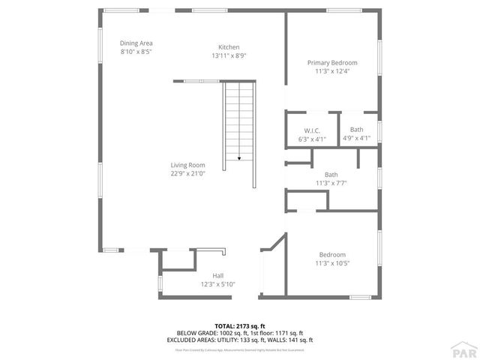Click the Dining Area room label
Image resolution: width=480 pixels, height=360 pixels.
point(136,43)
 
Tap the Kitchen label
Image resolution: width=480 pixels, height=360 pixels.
point(229,47)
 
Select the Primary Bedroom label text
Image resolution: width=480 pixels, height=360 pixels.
point(332,62)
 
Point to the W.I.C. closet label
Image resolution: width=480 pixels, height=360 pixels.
point(312,130)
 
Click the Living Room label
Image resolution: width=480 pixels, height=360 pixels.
point(187,165)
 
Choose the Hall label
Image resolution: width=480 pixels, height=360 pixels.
point(217,275)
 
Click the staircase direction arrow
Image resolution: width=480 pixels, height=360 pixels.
point(239,158)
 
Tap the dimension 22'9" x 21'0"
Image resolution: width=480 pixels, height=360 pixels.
point(187,173)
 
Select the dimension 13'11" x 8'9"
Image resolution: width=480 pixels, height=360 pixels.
point(229,55)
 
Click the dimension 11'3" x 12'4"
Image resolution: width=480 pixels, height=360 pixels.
point(332,71)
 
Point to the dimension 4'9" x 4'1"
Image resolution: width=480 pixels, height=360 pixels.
point(356,138)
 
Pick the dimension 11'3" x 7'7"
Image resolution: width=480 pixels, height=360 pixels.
point(331,183)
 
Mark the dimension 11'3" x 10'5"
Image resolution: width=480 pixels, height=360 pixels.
point(332,263)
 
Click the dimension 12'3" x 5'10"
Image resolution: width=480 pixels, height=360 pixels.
point(217,284)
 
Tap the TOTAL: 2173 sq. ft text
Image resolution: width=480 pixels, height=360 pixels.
point(239,326)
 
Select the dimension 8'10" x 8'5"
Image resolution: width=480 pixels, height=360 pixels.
point(136,52)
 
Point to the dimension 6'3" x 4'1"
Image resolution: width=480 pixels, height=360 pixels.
point(312,138)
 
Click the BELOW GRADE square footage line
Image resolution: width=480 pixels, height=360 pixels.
point(239,333)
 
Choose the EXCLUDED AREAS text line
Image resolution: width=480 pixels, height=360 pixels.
point(239,340)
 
